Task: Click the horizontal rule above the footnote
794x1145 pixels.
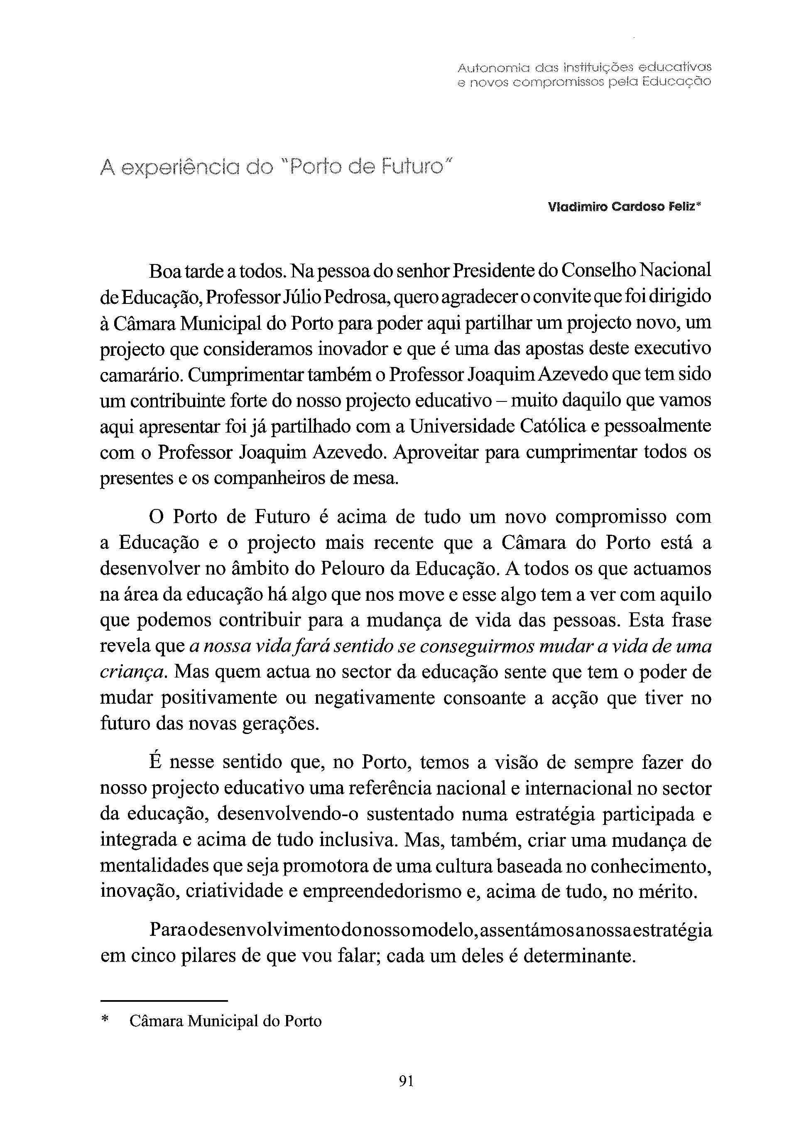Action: pos(164,999)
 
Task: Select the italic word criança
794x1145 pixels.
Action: pos(131,673)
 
